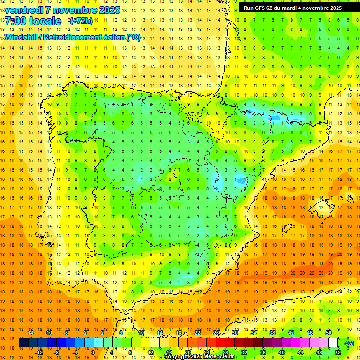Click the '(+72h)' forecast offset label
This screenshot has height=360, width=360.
point(81,21)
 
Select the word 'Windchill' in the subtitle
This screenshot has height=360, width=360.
point(21,37)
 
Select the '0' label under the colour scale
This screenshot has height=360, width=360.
point(93,352)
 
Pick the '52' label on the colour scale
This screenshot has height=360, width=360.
point(338,352)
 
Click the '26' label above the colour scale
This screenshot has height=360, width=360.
point(216,332)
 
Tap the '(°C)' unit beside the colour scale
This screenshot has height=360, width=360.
point(349,343)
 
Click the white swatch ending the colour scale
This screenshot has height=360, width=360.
point(333,343)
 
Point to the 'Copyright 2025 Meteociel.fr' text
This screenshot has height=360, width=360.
point(200,357)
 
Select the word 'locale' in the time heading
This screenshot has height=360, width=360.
point(45,21)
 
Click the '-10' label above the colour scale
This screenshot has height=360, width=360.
point(48,332)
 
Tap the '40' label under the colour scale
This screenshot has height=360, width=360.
point(282,352)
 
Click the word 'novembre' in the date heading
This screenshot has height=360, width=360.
point(76,10)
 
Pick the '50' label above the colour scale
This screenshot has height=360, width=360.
point(329,332)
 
